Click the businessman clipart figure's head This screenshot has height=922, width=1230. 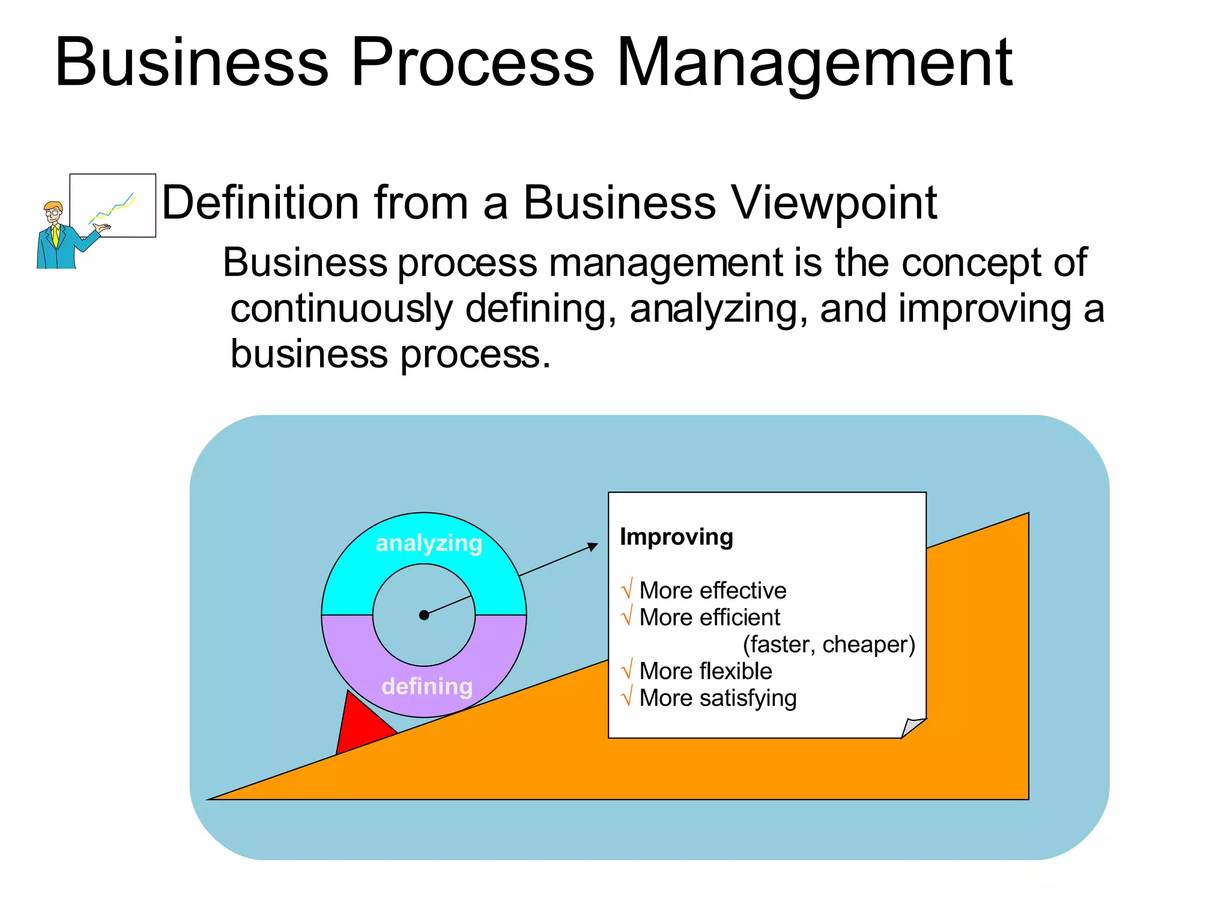point(53,211)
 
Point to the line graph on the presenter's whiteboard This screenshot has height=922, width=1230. point(113,208)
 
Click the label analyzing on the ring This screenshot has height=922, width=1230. point(429,543)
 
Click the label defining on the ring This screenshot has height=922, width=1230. point(427,686)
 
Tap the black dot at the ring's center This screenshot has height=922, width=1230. point(424,615)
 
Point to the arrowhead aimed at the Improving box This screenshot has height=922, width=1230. point(593,546)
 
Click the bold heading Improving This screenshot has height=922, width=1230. point(676,537)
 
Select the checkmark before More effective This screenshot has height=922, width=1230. point(627,589)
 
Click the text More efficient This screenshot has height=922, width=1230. point(709,617)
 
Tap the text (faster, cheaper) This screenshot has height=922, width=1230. point(829,644)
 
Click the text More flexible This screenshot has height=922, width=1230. point(706,671)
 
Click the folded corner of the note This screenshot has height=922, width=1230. point(913,727)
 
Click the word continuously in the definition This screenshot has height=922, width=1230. point(341,309)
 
